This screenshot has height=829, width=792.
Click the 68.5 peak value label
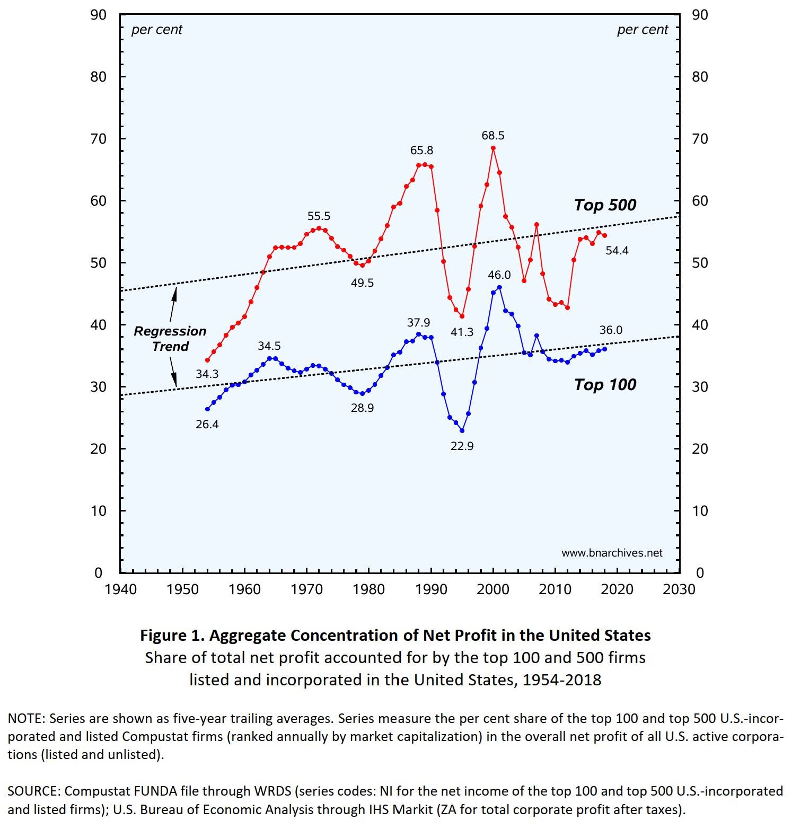coord(492,136)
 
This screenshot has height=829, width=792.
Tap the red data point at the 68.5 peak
coord(493,148)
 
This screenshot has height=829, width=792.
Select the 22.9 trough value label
coord(462,446)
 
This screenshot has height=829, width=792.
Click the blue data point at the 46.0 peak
coord(499,287)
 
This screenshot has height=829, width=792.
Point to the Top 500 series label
coord(604,205)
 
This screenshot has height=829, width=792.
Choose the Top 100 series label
coord(604,385)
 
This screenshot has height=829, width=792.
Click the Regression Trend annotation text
coord(170,339)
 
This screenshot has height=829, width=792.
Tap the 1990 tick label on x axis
coord(431,589)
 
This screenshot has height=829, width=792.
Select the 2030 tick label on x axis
coord(679,589)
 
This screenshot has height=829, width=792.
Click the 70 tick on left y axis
coord(98,139)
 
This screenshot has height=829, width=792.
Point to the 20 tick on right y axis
coord(700,449)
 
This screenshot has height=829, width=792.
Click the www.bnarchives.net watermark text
coord(612,553)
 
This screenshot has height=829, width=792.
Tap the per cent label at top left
coord(156,30)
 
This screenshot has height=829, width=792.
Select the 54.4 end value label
coord(617,251)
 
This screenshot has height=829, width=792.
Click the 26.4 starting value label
coord(207,425)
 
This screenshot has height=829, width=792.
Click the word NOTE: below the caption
coord(26,719)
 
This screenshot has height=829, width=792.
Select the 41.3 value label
coord(462,332)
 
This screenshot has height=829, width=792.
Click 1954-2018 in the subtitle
coord(561,680)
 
